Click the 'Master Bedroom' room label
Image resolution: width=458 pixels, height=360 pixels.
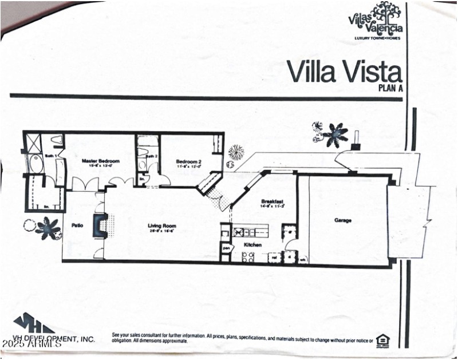pos(100,161)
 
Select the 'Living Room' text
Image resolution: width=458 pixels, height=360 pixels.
pos(160,226)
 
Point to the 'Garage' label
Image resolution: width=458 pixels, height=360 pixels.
pos(343,220)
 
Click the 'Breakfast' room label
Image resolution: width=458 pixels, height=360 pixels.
pos(272,201)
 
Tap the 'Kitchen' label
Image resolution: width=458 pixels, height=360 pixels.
pos(252,245)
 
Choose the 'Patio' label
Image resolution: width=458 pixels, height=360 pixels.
pos(77,226)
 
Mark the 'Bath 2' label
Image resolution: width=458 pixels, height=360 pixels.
pos(151,156)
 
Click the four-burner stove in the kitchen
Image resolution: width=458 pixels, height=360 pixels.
pos(248,257)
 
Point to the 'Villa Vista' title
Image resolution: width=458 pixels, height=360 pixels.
pos(344,73)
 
